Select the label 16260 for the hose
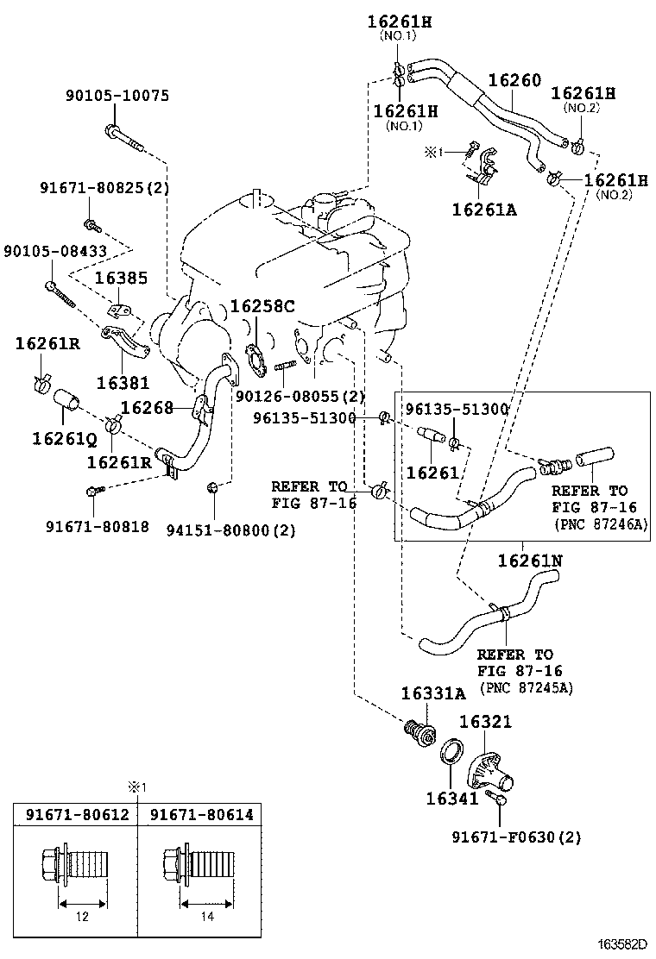tap(514, 81)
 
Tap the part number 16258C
tap(262, 306)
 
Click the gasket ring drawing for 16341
tap(451, 750)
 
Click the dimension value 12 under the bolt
tap(82, 917)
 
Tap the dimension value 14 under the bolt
tap(207, 917)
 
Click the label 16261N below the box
tap(529, 561)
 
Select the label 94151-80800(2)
tap(230, 530)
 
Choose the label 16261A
tap(483, 209)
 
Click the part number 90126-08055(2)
tap(300, 396)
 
